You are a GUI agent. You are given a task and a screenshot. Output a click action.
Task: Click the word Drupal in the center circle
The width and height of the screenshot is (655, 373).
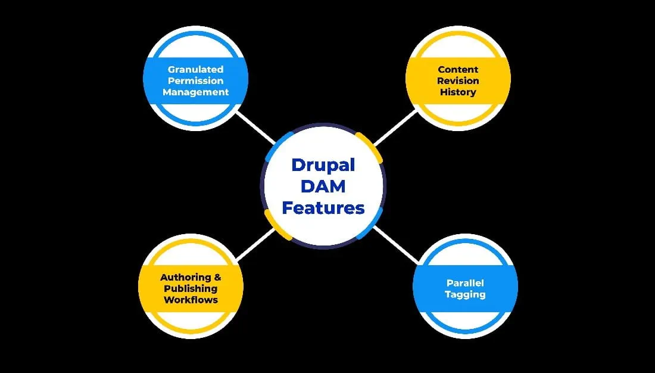coord(323,164)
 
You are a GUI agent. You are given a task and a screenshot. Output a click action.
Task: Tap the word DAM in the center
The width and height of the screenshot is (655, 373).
coord(323,186)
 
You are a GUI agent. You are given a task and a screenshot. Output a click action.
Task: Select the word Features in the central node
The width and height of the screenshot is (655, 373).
coord(323,208)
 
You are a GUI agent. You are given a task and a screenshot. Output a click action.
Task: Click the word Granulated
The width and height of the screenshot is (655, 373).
coord(195,70)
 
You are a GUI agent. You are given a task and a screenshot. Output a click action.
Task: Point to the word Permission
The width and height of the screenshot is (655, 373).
coord(195,81)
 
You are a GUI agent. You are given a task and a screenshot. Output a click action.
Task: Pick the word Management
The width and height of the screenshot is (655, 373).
coord(195,92)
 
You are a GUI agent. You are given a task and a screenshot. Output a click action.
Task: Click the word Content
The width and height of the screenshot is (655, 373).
coord(458,70)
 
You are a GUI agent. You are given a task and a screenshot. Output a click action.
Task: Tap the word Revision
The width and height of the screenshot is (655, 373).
coord(458,81)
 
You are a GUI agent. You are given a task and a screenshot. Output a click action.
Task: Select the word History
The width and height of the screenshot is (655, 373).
coord(458,92)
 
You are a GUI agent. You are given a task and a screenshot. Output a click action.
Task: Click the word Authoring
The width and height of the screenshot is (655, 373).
coord(185,278)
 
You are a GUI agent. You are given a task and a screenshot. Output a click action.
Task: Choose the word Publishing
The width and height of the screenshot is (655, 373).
coord(191,289)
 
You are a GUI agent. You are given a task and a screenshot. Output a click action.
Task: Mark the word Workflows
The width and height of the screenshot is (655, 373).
coord(191,300)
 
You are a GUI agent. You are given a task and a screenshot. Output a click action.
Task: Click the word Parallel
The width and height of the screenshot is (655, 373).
coord(465,283)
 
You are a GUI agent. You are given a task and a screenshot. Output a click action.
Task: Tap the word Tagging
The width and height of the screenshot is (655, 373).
coord(465,294)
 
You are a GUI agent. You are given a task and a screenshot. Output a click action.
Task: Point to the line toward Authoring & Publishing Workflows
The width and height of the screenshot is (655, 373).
coord(255,244)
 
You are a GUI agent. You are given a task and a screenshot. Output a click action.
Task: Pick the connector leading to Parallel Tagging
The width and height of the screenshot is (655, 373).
coord(395,244)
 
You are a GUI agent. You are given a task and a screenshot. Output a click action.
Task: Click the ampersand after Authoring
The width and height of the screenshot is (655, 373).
coord(217,278)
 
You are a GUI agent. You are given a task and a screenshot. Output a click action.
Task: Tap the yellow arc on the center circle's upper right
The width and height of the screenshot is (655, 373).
coord(371,145)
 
